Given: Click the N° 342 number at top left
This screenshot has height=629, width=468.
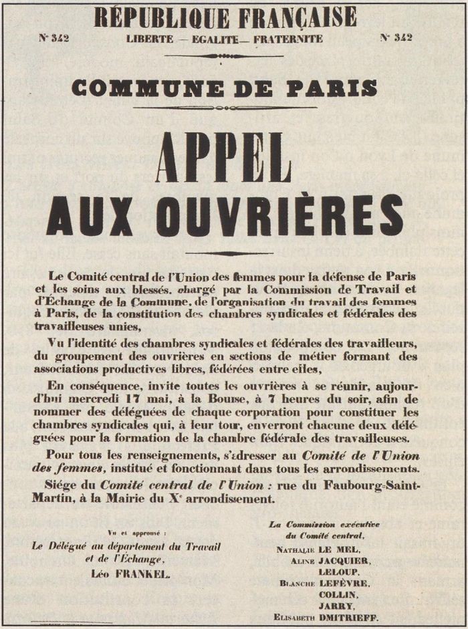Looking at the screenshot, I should [54, 38].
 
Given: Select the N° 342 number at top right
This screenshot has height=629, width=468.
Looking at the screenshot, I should [396, 37].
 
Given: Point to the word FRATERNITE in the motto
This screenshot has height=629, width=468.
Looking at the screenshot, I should [287, 39].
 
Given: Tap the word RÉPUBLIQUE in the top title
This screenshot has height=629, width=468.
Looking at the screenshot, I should [168, 16].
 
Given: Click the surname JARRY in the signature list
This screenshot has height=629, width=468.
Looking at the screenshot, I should [336, 606].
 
